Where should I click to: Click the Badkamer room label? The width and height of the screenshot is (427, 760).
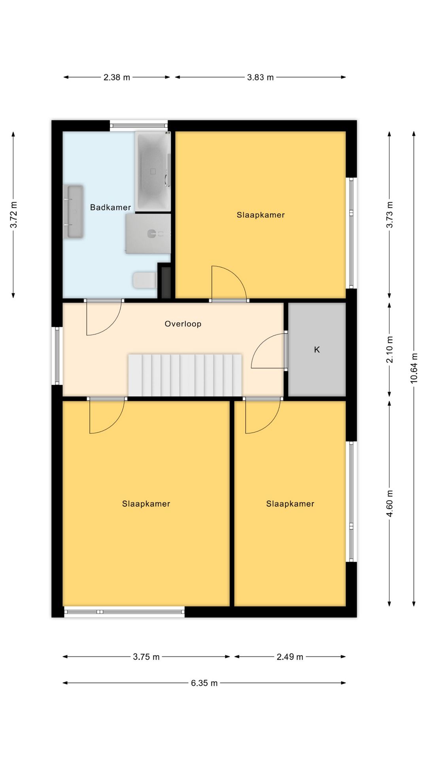[110, 207]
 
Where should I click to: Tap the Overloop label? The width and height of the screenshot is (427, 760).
[183, 324]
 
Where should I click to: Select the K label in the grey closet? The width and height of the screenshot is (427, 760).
[317, 350]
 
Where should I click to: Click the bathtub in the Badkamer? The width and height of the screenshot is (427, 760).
[153, 171]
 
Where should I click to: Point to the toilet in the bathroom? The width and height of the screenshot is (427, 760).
[145, 280]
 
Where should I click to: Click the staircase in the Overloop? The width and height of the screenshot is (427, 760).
[185, 375]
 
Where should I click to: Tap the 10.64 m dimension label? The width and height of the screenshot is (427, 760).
[414, 368]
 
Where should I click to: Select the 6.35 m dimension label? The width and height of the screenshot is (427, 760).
[204, 683]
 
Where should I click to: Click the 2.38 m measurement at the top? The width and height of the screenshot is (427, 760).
[117, 77]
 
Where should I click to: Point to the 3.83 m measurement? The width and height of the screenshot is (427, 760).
[261, 77]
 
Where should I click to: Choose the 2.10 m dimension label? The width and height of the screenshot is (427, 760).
[390, 350]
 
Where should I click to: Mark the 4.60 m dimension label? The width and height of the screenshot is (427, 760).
[390, 503]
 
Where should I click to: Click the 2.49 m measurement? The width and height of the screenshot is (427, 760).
[290, 657]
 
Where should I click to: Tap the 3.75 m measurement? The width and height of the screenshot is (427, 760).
[146, 657]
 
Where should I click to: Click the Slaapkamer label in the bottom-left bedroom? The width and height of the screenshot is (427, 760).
[146, 504]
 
